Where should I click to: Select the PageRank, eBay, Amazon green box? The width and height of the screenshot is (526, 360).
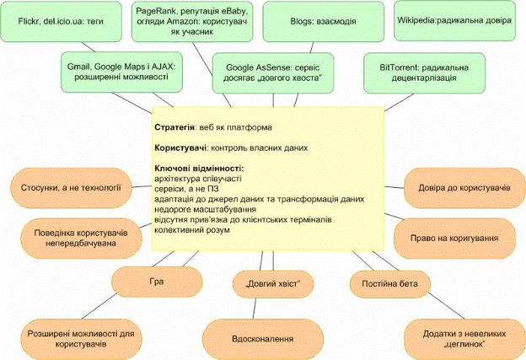coord(190,21)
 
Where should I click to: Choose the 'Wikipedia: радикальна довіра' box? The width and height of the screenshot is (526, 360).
coord(454,20)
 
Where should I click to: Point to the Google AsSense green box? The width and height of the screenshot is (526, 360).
coord(269,73)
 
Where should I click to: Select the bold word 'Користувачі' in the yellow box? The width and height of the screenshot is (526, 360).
coord(181,148)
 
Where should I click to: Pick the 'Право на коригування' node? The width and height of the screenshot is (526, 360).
coord(459,239)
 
